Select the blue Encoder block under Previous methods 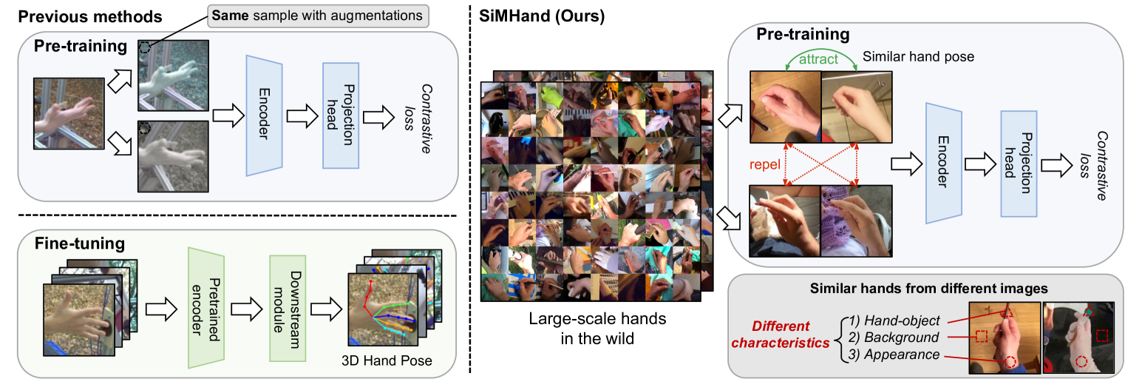click(265, 115)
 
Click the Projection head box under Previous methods click(341, 115)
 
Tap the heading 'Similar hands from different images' click(924, 288)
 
